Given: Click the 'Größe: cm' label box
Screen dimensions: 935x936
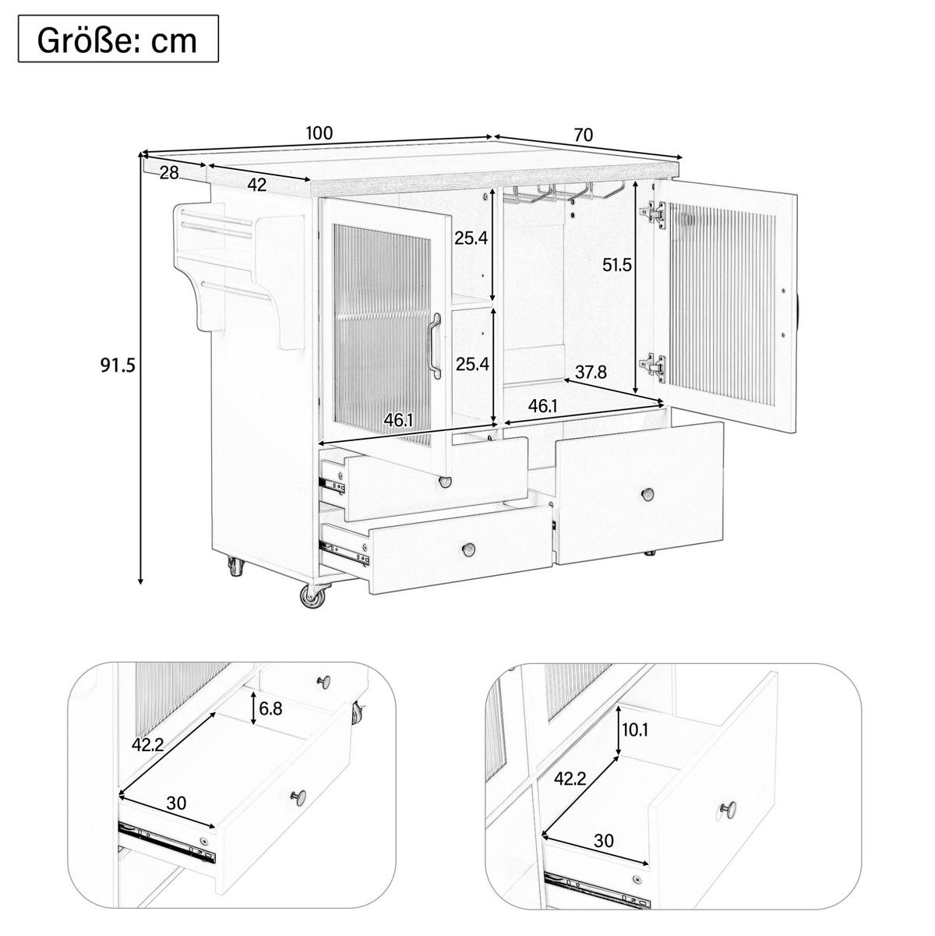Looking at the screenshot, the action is point(118,39).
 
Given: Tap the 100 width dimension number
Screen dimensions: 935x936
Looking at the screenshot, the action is point(319,132).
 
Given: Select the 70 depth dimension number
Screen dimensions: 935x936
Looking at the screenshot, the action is point(584,135).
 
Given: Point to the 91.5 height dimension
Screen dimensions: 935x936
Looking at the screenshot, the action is point(118,366).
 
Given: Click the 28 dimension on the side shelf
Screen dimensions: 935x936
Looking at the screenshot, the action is point(169,172).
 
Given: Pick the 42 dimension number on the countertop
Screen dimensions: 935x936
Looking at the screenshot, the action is point(257,185).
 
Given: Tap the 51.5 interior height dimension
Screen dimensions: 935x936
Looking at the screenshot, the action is point(617,265).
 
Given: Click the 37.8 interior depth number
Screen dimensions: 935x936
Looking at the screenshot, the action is point(591,373).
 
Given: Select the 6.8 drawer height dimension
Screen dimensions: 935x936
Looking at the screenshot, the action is point(270,708).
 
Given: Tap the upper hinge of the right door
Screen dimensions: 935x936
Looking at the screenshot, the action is point(653,214).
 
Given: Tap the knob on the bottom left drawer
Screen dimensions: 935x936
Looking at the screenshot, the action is point(468,549).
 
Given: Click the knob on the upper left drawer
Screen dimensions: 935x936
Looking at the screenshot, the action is point(444,482).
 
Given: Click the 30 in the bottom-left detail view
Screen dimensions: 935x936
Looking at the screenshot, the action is point(176,803).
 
